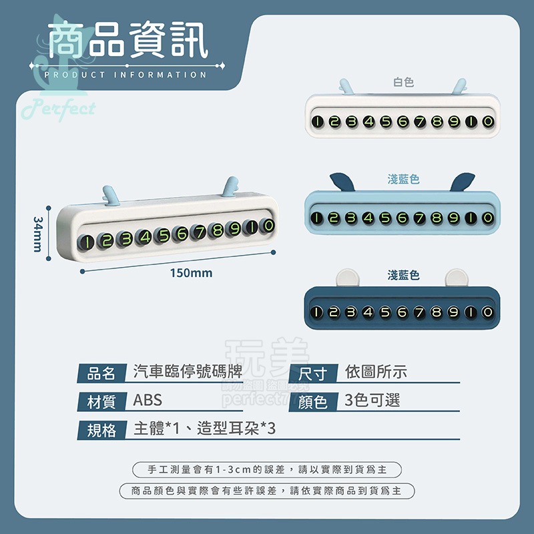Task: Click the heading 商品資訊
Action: coord(129,41)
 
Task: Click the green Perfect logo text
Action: coord(59,109)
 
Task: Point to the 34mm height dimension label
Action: coord(38,234)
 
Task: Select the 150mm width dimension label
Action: coord(191,273)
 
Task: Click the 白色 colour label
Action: coord(403,82)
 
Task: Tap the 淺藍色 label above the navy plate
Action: coord(403,275)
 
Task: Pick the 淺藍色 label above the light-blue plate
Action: coord(403,179)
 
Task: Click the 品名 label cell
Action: coord(101,372)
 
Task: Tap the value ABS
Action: coord(148,401)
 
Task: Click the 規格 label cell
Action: coord(101,430)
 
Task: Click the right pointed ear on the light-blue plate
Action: coord(463,181)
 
